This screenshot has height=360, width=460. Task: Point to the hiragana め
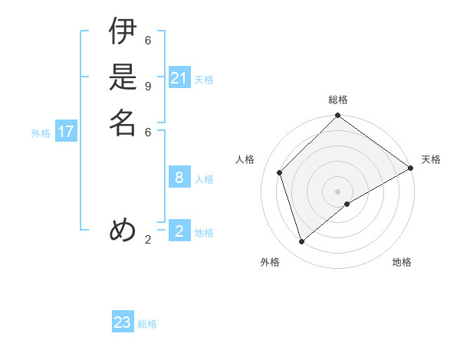[123, 230]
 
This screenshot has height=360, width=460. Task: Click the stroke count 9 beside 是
[148, 86]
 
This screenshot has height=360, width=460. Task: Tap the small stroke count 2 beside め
[148, 240]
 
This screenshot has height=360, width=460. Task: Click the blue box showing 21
[179, 78]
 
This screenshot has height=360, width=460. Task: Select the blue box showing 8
[179, 178]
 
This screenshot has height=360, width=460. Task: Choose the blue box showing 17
[66, 132]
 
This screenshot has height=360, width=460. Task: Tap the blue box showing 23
[123, 322]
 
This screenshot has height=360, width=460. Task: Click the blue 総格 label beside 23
[148, 324]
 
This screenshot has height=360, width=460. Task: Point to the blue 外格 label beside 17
[41, 133]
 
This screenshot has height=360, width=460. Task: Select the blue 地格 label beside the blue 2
[204, 233]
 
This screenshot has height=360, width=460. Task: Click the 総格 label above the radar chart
[338, 100]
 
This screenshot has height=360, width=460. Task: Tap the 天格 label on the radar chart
[431, 159]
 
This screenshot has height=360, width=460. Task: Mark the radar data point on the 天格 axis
[410, 168]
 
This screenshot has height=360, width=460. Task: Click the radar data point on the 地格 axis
[347, 204]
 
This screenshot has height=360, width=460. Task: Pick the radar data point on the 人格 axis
[280, 172]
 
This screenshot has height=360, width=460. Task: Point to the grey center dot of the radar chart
[338, 191]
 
